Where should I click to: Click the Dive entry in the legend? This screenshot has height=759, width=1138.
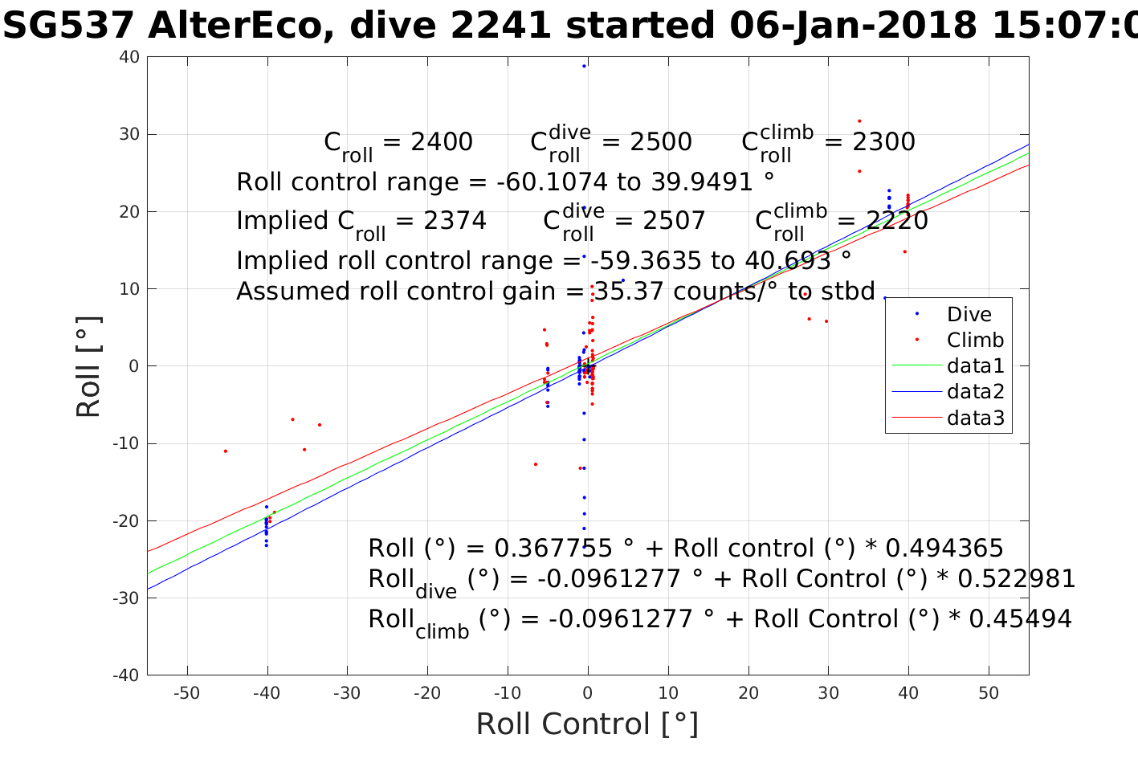(969, 314)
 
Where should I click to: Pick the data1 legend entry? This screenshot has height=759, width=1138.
(975, 366)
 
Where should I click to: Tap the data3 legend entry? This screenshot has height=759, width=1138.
(975, 418)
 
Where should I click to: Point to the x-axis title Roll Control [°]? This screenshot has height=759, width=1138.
(587, 724)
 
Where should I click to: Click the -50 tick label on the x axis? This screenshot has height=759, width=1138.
(186, 693)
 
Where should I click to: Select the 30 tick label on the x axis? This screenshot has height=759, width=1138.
(828, 693)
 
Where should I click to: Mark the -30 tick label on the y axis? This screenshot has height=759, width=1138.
(126, 598)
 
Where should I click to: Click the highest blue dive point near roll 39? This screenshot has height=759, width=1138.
(584, 66)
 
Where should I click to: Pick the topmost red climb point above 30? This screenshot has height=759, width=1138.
(859, 121)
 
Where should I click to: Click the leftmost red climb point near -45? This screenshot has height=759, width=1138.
(226, 451)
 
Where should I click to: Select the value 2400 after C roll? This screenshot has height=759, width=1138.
(441, 142)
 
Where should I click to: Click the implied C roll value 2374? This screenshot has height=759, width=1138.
(455, 221)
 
